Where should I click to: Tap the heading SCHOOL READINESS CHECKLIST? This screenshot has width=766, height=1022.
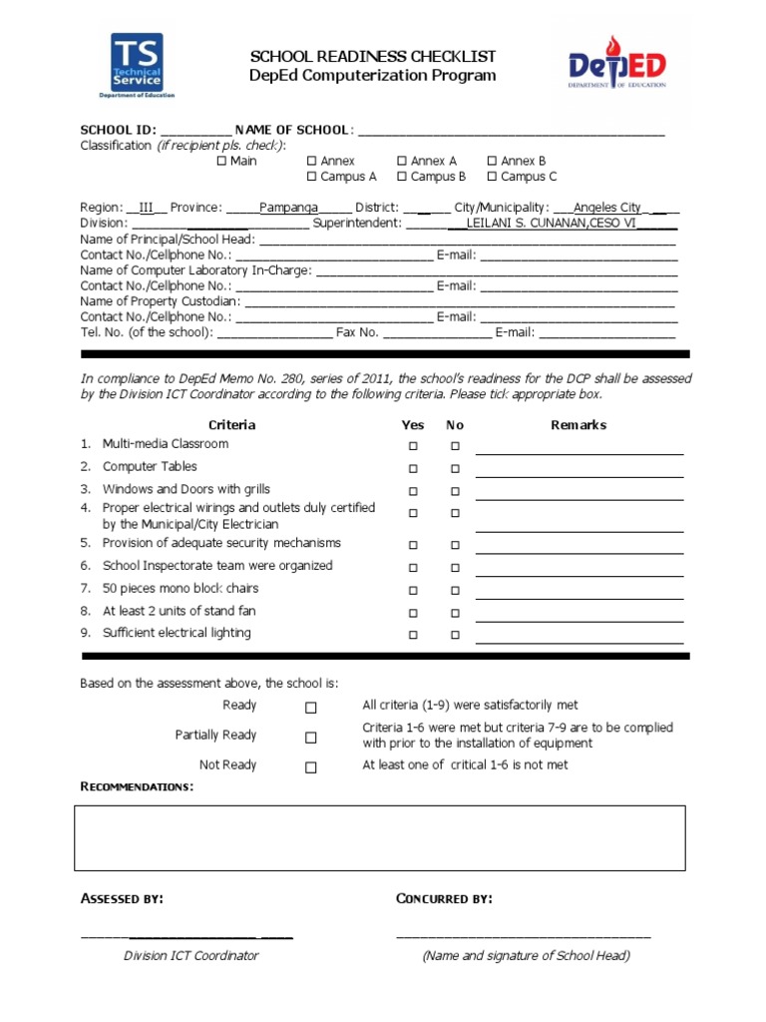point(372,57)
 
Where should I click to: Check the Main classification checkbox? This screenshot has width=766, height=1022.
point(221,161)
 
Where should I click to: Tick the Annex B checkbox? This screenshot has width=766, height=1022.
point(492,161)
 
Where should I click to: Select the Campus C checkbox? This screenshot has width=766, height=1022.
point(492,177)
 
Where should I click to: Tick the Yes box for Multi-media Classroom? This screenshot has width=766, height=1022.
point(412,446)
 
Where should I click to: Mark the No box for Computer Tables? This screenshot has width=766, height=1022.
point(455,468)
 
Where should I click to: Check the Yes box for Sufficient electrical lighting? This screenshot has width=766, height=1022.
point(412,635)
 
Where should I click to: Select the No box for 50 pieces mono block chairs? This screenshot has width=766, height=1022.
point(455,590)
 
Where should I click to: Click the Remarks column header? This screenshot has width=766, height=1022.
point(578,425)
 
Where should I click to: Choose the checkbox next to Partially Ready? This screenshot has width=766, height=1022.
point(311,738)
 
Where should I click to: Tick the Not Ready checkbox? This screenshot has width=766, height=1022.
point(311,767)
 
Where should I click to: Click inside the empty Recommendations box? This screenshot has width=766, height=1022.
point(380,838)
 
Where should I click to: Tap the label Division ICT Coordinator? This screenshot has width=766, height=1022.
point(191,955)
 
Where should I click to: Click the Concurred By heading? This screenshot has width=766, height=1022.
point(444,899)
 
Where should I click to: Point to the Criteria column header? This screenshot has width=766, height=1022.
point(231,425)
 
